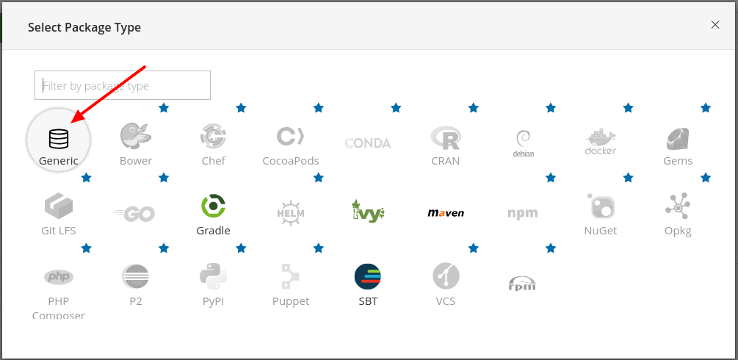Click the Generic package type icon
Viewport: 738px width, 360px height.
[x=59, y=138]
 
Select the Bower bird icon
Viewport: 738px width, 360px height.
[x=136, y=137]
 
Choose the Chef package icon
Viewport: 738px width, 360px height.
[x=213, y=136]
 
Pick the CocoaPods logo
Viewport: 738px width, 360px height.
[x=291, y=137]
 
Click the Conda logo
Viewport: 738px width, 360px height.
[x=368, y=143]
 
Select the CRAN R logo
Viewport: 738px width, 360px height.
[x=445, y=137]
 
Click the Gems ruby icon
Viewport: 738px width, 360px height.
[x=677, y=137]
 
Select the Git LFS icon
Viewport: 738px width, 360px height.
[x=59, y=206]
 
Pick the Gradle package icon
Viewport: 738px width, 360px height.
[x=213, y=206]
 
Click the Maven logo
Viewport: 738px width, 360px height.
[x=445, y=213]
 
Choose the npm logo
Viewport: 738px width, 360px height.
[x=523, y=213]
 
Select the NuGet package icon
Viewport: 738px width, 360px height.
[x=600, y=206]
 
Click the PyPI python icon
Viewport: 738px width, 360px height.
[x=213, y=276]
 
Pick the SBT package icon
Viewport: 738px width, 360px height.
[x=368, y=276]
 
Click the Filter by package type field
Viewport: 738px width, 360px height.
[x=123, y=85]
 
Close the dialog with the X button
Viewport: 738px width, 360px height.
[x=715, y=24]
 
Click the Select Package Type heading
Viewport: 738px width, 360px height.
[x=84, y=28]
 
